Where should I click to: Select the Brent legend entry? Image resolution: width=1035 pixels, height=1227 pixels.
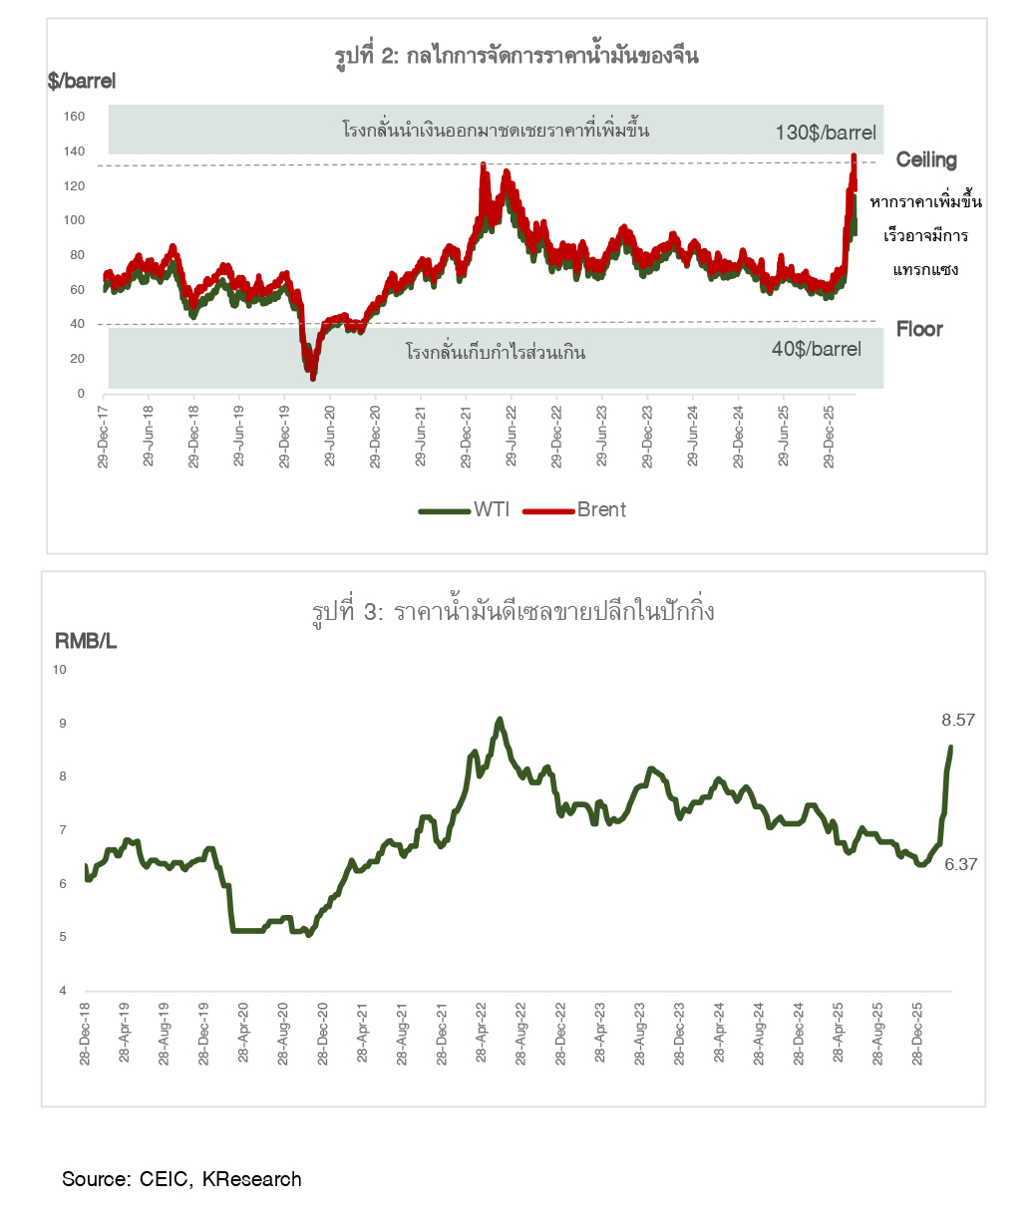click(601, 509)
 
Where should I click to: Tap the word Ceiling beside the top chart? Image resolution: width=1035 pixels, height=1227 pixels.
click(926, 159)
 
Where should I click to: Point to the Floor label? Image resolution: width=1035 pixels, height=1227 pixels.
click(919, 329)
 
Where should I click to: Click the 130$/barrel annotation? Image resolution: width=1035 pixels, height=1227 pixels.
click(826, 133)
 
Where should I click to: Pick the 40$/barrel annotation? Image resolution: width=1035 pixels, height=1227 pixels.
click(816, 349)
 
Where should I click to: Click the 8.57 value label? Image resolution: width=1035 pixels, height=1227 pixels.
click(957, 719)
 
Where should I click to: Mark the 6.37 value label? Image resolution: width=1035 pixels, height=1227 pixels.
click(960, 865)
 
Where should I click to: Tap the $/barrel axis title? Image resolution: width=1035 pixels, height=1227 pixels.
click(82, 82)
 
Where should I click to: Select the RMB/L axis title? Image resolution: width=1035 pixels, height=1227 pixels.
click(86, 642)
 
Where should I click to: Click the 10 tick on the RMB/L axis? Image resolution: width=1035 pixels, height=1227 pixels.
click(59, 670)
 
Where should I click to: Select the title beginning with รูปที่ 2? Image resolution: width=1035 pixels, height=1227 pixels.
click(517, 56)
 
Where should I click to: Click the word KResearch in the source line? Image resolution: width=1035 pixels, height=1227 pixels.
click(251, 1179)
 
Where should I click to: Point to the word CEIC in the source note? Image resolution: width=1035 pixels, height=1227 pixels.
click(162, 1179)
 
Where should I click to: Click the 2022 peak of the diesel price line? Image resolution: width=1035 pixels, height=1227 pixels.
click(500, 719)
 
